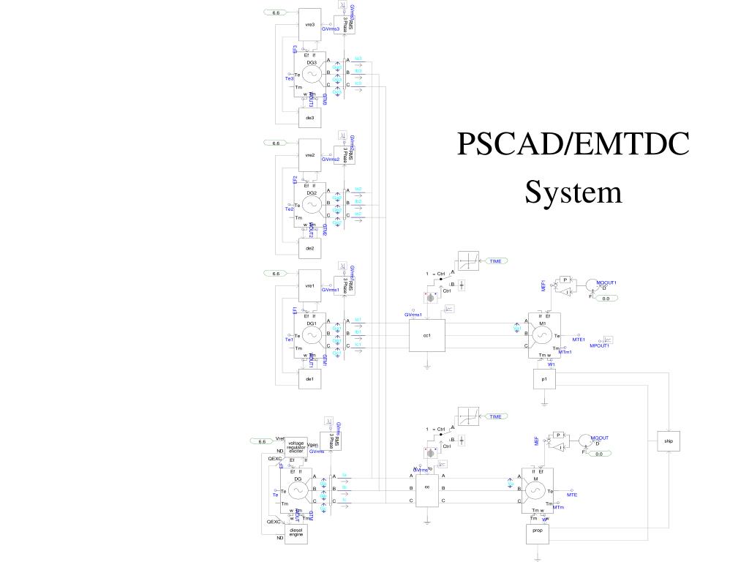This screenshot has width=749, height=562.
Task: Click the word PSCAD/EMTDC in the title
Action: (x=573, y=146)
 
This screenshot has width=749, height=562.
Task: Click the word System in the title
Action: (x=573, y=192)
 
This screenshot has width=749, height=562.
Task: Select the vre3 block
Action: (x=310, y=25)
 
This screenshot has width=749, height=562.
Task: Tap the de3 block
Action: (x=310, y=118)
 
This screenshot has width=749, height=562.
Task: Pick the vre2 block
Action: (x=310, y=155)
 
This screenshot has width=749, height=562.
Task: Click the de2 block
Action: (x=310, y=248)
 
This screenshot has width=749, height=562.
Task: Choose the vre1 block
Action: (x=310, y=285)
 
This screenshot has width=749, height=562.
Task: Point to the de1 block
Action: (x=310, y=378)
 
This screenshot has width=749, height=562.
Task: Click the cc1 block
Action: (x=427, y=336)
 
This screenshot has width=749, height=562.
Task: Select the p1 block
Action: (x=544, y=380)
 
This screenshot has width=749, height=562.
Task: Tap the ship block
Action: (x=668, y=441)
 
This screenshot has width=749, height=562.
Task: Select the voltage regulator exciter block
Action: (x=296, y=446)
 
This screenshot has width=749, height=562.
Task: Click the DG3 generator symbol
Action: (x=311, y=73)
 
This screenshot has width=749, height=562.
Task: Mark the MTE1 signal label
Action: (x=579, y=340)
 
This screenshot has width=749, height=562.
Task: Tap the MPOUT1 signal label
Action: (x=599, y=346)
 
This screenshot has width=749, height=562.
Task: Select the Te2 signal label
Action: (x=289, y=209)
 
